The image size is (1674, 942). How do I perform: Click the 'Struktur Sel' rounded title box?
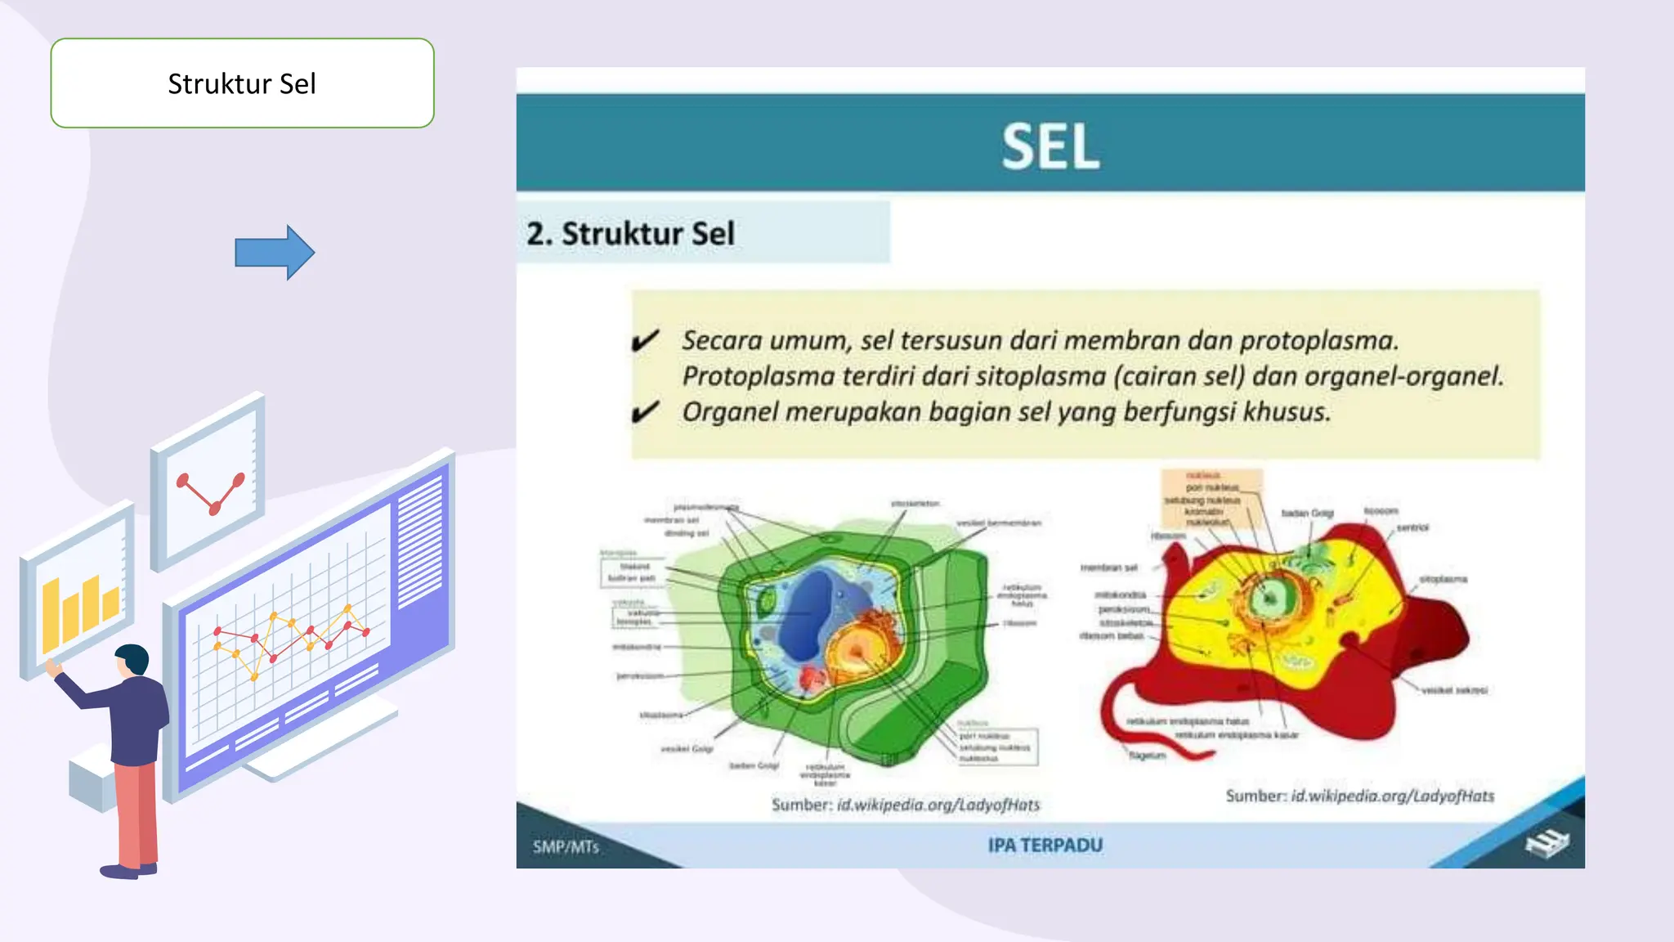point(242,83)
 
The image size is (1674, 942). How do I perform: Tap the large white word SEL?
point(1050,147)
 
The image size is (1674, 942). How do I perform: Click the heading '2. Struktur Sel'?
point(630,234)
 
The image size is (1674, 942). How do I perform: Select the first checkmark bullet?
point(645,340)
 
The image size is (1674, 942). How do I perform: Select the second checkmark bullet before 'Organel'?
point(645,412)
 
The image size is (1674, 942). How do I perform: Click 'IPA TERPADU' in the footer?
point(1045,846)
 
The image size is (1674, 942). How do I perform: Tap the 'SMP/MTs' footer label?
point(566,847)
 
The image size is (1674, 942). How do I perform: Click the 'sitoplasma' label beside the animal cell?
point(1443,579)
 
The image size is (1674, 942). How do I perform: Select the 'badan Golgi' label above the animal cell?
point(1307,513)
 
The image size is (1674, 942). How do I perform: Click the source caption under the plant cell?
point(905,805)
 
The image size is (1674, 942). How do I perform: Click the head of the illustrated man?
point(133,659)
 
